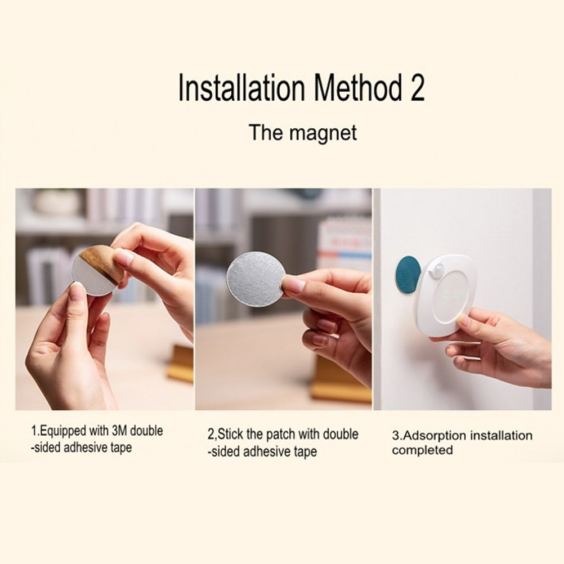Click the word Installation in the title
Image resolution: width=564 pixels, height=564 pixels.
coord(241,87)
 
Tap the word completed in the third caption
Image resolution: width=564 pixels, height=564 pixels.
coord(422,450)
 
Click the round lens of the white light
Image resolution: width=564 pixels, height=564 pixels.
coord(450,301)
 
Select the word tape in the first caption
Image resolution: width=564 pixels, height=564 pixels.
coord(122,448)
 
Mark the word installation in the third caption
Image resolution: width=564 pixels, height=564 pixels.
coord(501,436)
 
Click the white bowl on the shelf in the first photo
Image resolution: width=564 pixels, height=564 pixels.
coord(57,203)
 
